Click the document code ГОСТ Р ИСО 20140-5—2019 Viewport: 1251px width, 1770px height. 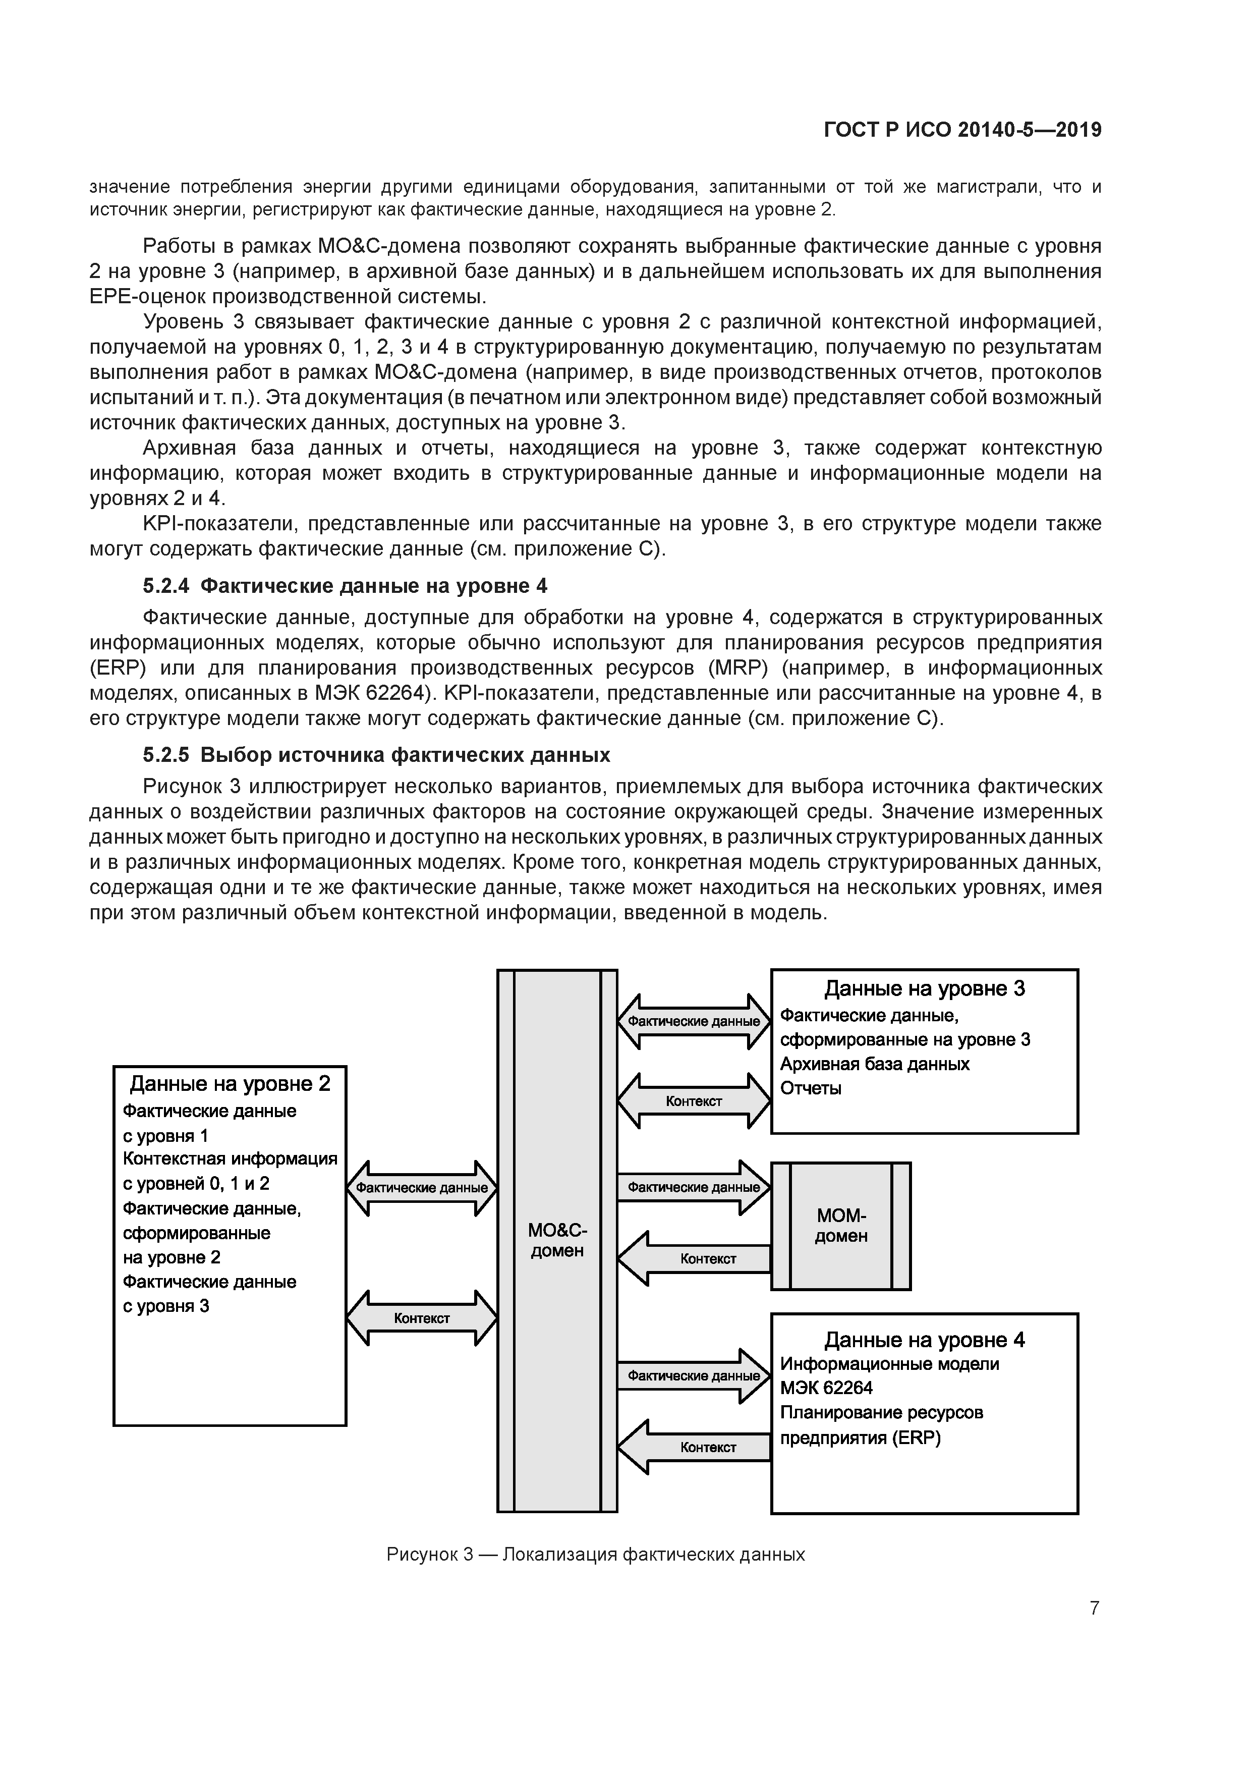click(x=962, y=130)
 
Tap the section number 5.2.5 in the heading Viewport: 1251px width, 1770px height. click(x=166, y=755)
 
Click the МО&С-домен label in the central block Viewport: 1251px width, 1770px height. click(x=556, y=1240)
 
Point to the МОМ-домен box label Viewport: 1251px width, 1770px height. click(x=841, y=1226)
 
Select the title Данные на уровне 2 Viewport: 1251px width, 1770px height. click(x=230, y=1084)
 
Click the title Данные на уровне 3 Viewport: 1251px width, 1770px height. click(x=924, y=988)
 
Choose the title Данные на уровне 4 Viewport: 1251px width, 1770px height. click(x=924, y=1340)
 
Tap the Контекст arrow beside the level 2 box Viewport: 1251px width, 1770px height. click(x=422, y=1318)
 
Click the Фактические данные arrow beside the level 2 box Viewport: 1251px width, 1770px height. click(x=422, y=1188)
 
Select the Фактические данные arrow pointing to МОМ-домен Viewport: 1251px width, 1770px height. click(x=694, y=1187)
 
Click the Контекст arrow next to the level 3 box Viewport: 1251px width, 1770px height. click(x=694, y=1101)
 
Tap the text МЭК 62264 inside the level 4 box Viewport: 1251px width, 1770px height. click(x=826, y=1389)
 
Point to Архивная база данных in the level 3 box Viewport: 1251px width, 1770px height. click(x=875, y=1064)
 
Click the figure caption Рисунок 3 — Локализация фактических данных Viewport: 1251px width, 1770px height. click(x=595, y=1554)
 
